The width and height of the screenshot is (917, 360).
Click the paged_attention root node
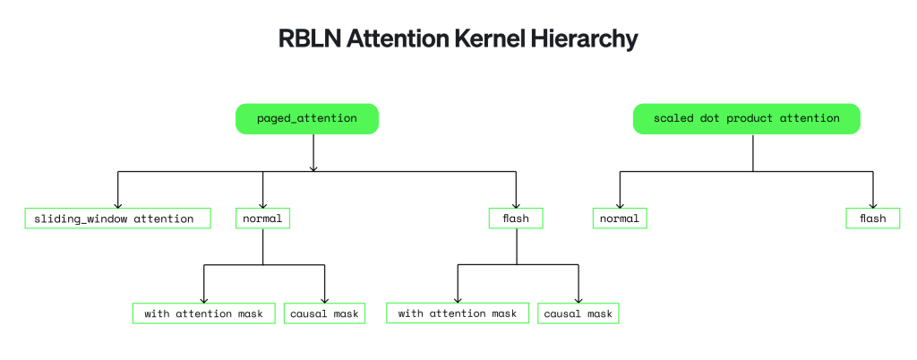pyautogui.click(x=307, y=118)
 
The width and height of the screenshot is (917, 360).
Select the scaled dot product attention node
pyautogui.click(x=747, y=118)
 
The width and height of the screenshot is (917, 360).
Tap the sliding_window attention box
pyautogui.click(x=117, y=219)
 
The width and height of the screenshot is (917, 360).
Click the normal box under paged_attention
pyautogui.click(x=262, y=219)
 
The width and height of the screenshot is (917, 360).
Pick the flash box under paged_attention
pyautogui.click(x=516, y=219)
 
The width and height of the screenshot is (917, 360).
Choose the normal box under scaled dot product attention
pyautogui.click(x=620, y=219)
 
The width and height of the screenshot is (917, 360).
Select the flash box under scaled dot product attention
pyautogui.click(x=873, y=219)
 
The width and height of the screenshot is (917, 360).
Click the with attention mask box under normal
pyautogui.click(x=203, y=313)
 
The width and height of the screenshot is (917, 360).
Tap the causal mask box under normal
pyautogui.click(x=324, y=313)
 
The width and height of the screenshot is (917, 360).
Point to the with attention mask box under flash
pyautogui.click(x=458, y=313)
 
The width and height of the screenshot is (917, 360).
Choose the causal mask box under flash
pyautogui.click(x=578, y=313)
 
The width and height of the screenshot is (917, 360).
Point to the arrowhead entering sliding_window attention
pyautogui.click(x=117, y=205)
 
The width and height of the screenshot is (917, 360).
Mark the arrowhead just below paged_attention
pyautogui.click(x=313, y=168)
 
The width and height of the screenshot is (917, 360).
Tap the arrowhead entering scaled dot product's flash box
pyautogui.click(x=873, y=205)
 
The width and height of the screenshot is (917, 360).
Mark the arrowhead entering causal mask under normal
pyautogui.click(x=324, y=300)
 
